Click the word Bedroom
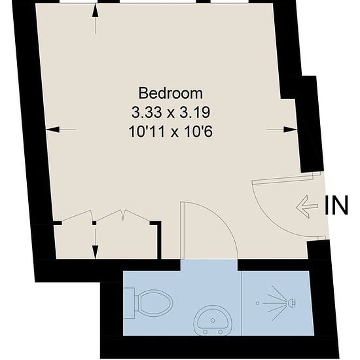click(x=171, y=93)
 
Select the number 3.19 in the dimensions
click(x=194, y=113)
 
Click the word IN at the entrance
click(x=336, y=206)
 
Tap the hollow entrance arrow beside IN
click(x=307, y=207)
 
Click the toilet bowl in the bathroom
click(x=156, y=302)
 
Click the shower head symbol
click(x=293, y=303)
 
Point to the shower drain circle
click(x=258, y=303)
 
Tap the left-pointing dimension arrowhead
click(x=52, y=130)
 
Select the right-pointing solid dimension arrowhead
click(x=291, y=130)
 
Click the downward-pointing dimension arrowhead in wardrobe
click(x=96, y=252)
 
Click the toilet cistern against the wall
click(x=129, y=303)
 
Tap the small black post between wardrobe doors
click(x=94, y=223)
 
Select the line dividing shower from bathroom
click(x=242, y=303)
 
